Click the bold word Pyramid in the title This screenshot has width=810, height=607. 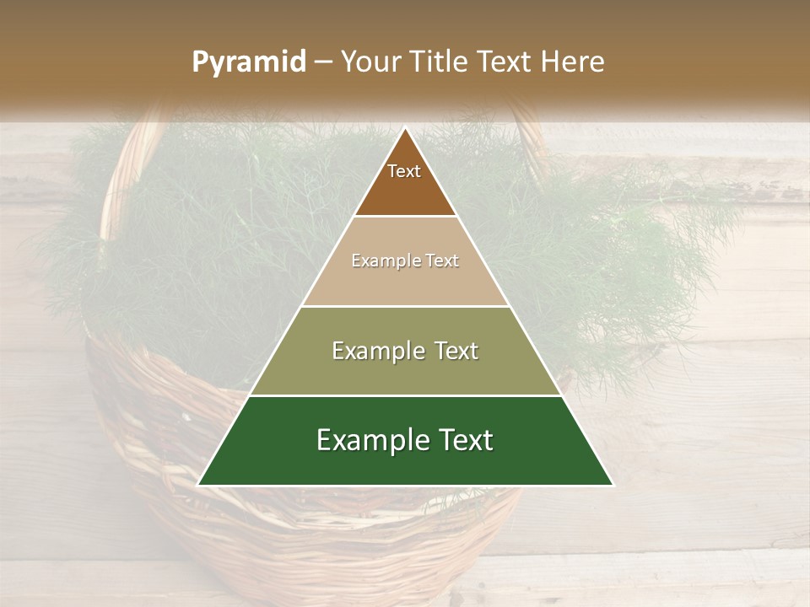pos(249,62)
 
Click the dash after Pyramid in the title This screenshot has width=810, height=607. pos(323,62)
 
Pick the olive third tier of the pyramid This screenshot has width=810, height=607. pos(405,371)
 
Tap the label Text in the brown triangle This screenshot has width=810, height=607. pos(404,171)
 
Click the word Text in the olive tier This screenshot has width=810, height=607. pos(451,351)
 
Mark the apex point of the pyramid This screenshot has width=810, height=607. pos(406,128)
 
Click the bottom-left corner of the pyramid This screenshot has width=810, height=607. pos(199,485)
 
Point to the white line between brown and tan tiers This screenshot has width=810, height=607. pos(405,217)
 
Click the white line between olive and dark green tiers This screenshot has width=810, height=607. pos(405,395)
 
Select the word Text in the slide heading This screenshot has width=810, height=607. pos(505,62)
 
